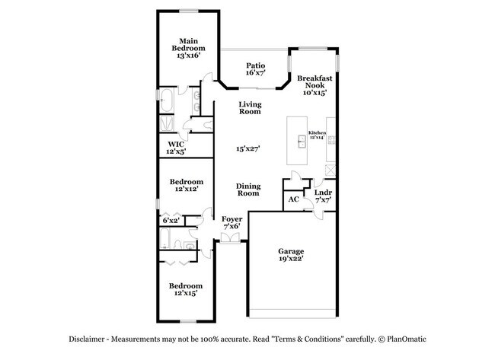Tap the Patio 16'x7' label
pos(254,70)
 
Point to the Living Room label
pos(250,108)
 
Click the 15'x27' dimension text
pos(248,150)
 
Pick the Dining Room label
pos(247,190)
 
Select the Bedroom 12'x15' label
pos(187,289)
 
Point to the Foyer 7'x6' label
pos(232,223)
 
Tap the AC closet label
pos(293,200)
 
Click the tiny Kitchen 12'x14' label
pos(318,135)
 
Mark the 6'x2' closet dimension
pos(171,221)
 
